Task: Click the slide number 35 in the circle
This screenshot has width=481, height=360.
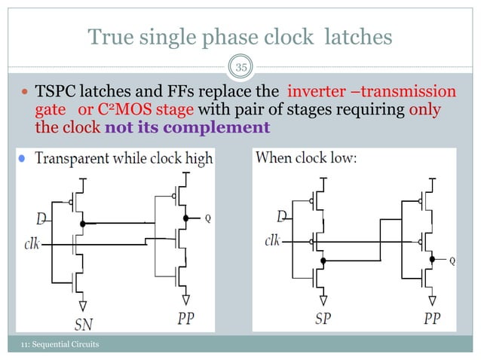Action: (240, 67)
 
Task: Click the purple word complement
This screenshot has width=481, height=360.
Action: (225, 127)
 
